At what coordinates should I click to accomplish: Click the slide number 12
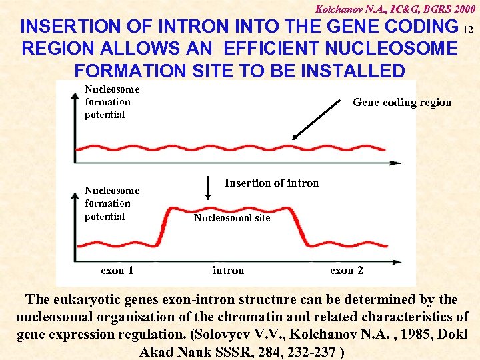(x=467, y=29)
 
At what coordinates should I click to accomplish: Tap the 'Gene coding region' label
(x=401, y=102)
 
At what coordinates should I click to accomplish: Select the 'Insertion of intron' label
(x=271, y=183)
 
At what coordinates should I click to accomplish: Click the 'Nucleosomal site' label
(x=231, y=218)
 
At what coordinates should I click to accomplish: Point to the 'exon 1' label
(x=117, y=270)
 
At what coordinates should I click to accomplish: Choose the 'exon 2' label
(x=347, y=270)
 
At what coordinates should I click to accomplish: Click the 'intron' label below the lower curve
(x=228, y=270)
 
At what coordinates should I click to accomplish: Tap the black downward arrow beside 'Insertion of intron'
(x=208, y=189)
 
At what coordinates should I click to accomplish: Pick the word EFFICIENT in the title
(x=283, y=49)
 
